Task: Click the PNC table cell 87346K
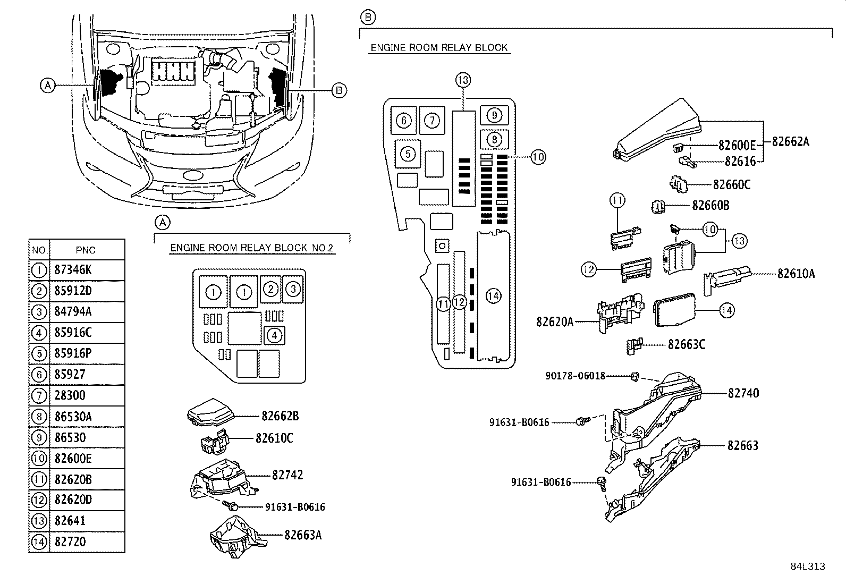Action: [x=73, y=270]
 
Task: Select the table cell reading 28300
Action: [x=70, y=395]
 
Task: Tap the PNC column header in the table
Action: [x=86, y=250]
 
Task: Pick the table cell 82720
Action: [x=70, y=542]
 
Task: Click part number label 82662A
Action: [x=790, y=141]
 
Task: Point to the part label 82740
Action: [x=743, y=393]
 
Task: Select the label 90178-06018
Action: [x=575, y=376]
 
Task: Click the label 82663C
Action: [x=686, y=344]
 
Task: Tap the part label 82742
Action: [x=287, y=475]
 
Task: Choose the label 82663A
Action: [x=302, y=535]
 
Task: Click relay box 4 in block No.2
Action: [x=274, y=336]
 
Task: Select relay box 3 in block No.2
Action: [x=293, y=289]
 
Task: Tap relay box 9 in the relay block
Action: [x=494, y=115]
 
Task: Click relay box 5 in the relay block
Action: [x=408, y=154]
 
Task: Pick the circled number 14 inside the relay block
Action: [x=494, y=295]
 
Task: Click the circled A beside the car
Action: [x=48, y=85]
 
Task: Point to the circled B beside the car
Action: [x=339, y=90]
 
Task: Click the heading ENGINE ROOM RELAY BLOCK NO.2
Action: [x=252, y=248]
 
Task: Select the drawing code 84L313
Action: [x=807, y=566]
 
